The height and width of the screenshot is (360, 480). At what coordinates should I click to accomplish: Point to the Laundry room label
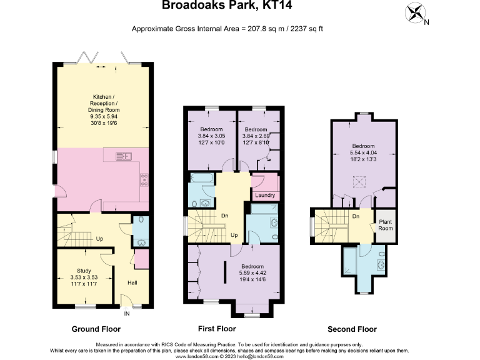[266, 196]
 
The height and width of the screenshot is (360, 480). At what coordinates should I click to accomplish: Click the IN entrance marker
[127, 313]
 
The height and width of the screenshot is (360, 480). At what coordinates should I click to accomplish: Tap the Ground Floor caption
[96, 329]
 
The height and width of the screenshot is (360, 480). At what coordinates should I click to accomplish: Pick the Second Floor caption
[352, 329]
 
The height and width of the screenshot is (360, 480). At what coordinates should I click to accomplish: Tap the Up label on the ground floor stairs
[99, 239]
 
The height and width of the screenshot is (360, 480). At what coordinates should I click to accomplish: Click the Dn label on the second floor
[355, 217]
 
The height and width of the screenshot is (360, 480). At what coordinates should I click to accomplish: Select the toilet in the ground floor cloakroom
[138, 221]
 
